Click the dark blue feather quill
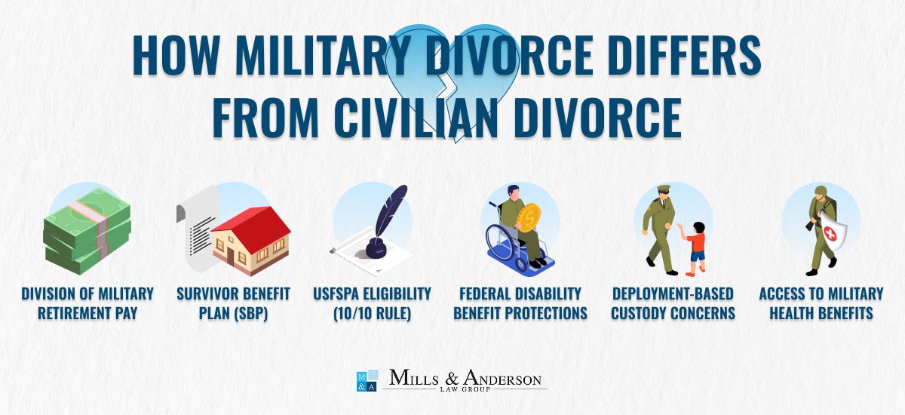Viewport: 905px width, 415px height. pyautogui.click(x=390, y=212)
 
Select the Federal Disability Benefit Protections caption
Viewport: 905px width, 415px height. pyautogui.click(x=520, y=303)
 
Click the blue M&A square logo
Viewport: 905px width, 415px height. pyautogui.click(x=366, y=380)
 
